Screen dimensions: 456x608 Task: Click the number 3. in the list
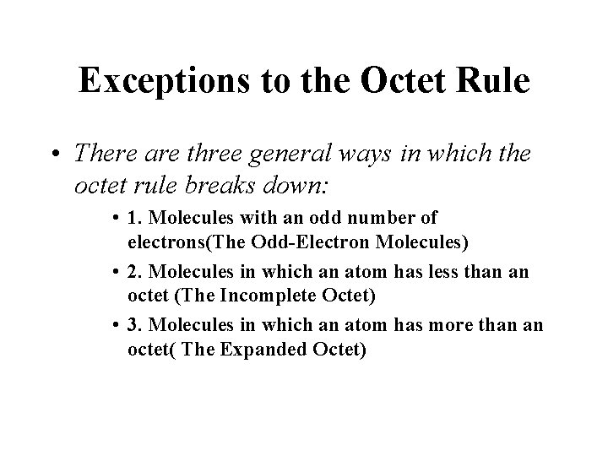point(133,325)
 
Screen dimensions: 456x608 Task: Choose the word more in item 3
point(405,325)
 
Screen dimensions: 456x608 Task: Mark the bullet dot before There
point(55,154)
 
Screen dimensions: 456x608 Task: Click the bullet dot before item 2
point(114,271)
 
